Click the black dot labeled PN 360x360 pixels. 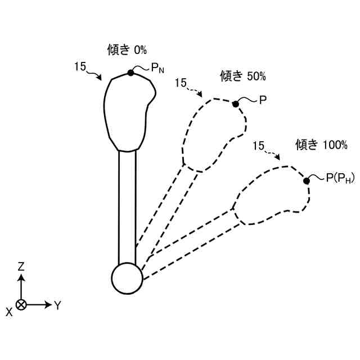point(130,73)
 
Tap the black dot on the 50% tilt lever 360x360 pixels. point(236,103)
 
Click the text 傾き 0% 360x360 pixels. point(127,49)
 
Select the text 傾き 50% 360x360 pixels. point(241,75)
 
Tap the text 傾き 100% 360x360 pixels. point(322,145)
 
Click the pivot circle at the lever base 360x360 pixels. point(127,278)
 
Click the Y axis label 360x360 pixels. point(57,305)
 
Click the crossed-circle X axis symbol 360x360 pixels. point(21,305)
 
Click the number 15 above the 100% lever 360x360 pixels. point(258,146)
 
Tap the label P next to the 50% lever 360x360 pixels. point(262,100)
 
